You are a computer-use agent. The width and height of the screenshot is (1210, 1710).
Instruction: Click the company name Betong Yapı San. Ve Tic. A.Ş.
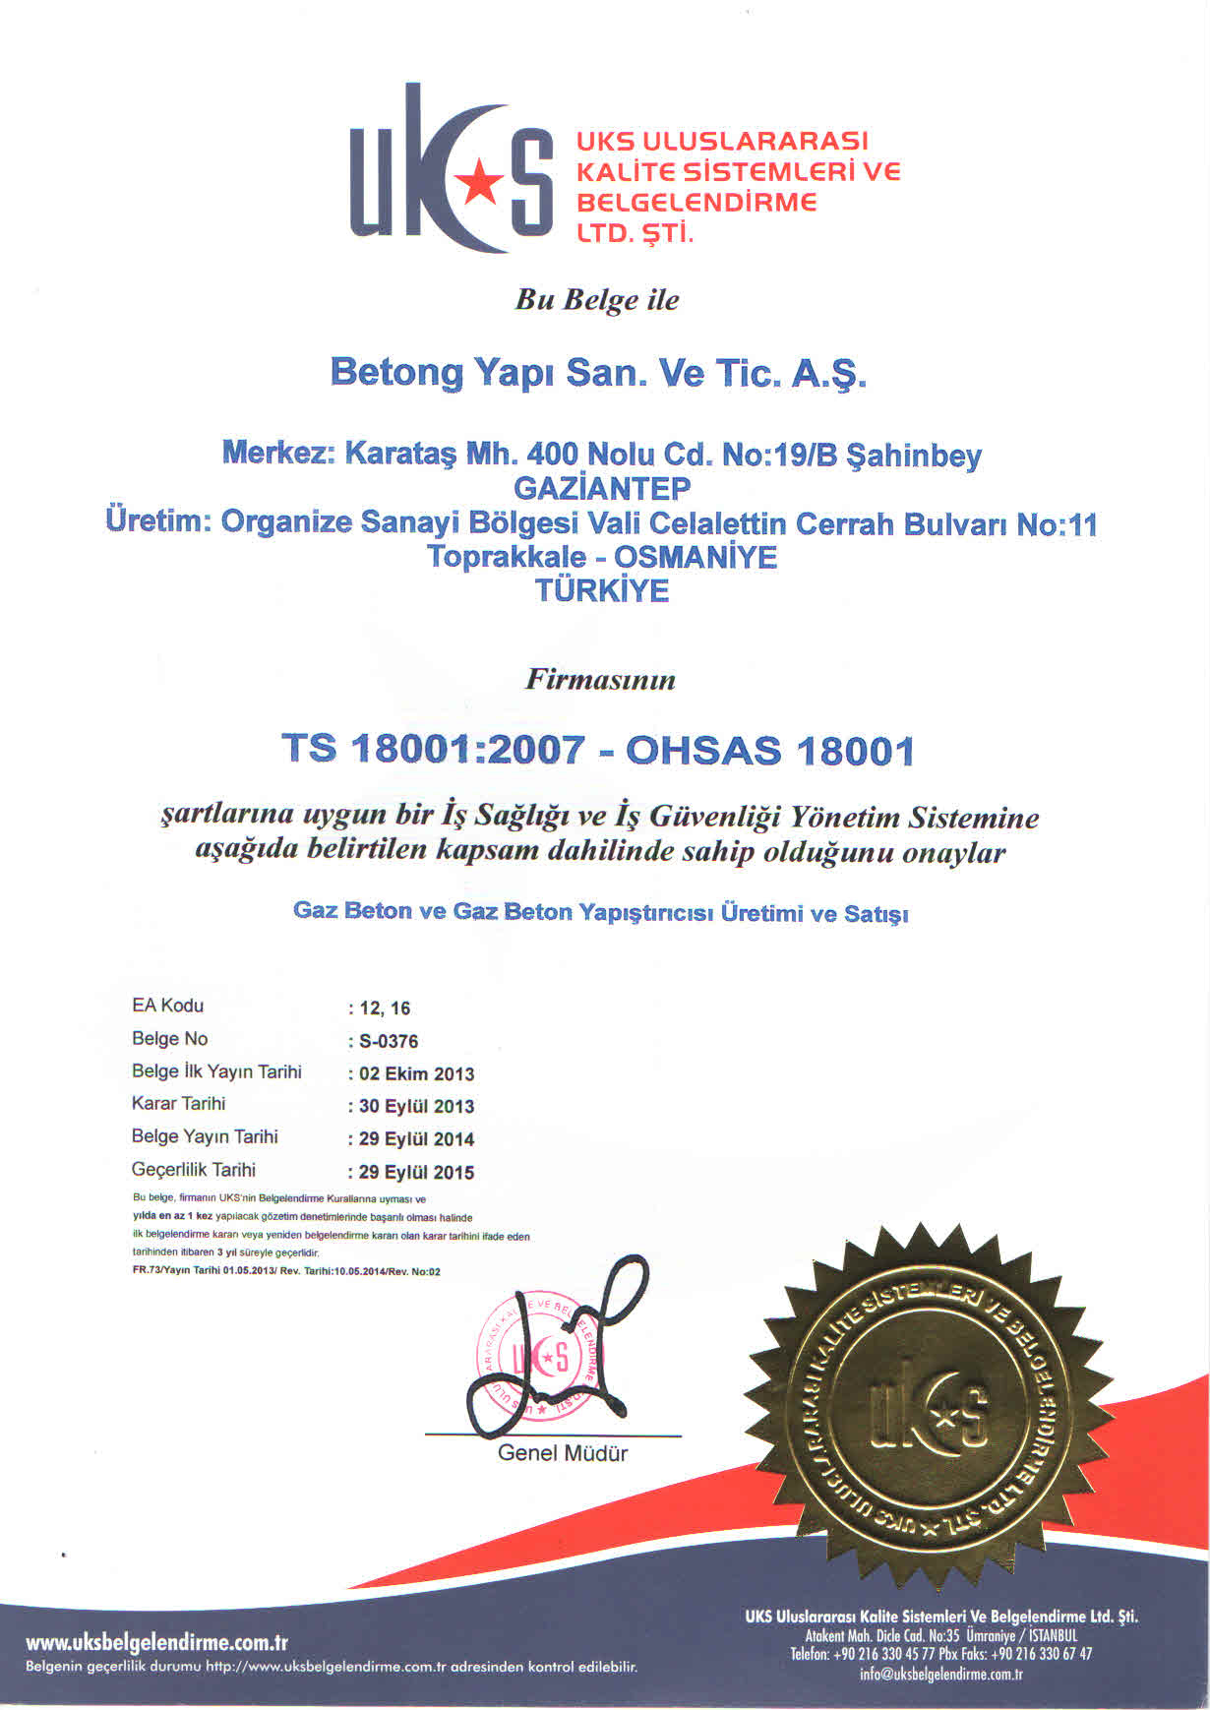point(598,374)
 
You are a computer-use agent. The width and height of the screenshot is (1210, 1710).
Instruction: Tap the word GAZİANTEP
point(602,488)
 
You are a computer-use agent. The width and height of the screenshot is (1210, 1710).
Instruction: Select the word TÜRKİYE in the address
point(602,590)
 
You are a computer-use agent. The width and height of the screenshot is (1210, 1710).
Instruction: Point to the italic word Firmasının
point(601,679)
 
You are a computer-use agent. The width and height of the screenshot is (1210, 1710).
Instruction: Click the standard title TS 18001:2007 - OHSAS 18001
point(598,751)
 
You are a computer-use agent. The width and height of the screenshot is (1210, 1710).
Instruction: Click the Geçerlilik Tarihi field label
point(194,1170)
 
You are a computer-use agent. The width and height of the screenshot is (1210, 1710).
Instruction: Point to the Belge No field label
point(170,1039)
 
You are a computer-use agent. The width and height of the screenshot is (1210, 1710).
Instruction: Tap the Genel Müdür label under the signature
point(562,1453)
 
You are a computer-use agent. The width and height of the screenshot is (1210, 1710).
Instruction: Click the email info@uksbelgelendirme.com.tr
point(940,1674)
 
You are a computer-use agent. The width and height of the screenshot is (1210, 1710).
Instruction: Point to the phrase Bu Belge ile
point(597,300)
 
